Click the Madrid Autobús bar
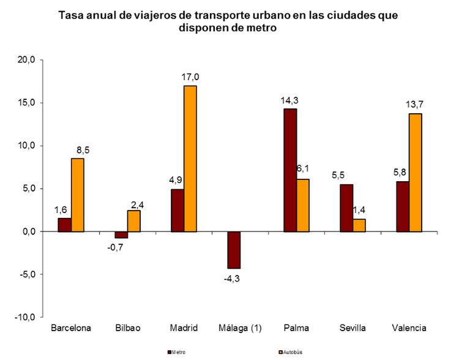(x=190, y=159)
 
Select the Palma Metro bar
(x=289, y=170)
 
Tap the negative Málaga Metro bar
(x=233, y=250)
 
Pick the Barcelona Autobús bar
(x=77, y=195)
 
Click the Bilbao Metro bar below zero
(x=121, y=234)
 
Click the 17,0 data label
(x=190, y=77)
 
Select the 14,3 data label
(x=289, y=100)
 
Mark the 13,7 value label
(x=415, y=105)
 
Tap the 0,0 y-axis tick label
(x=30, y=232)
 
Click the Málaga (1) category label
(x=240, y=328)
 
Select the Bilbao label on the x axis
(x=128, y=328)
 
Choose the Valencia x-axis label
(x=409, y=328)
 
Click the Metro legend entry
(x=177, y=352)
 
